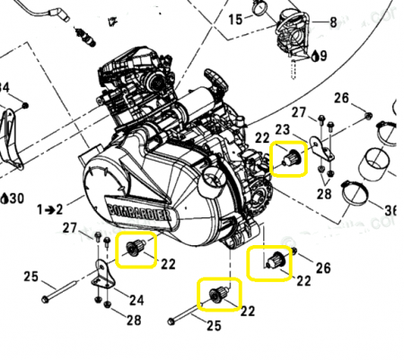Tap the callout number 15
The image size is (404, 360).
coord(235,19)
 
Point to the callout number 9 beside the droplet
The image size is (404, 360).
coord(323,55)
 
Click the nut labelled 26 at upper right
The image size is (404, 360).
coord(369,114)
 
